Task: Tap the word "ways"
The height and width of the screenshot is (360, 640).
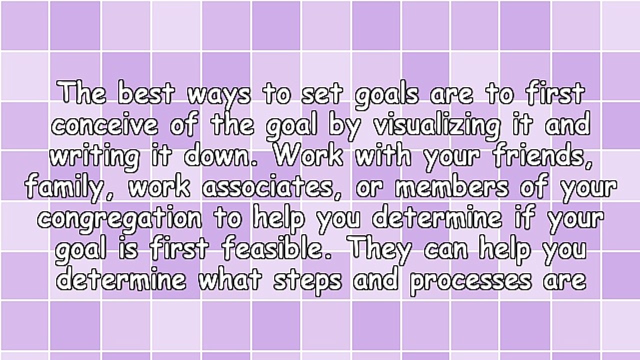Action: pos(218,95)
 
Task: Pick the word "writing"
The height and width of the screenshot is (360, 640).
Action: pos(94,157)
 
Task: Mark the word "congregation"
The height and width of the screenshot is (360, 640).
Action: pos(120,219)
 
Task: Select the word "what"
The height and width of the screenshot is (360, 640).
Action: pos(230,279)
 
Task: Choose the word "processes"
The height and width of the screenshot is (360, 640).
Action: pos(470,280)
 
